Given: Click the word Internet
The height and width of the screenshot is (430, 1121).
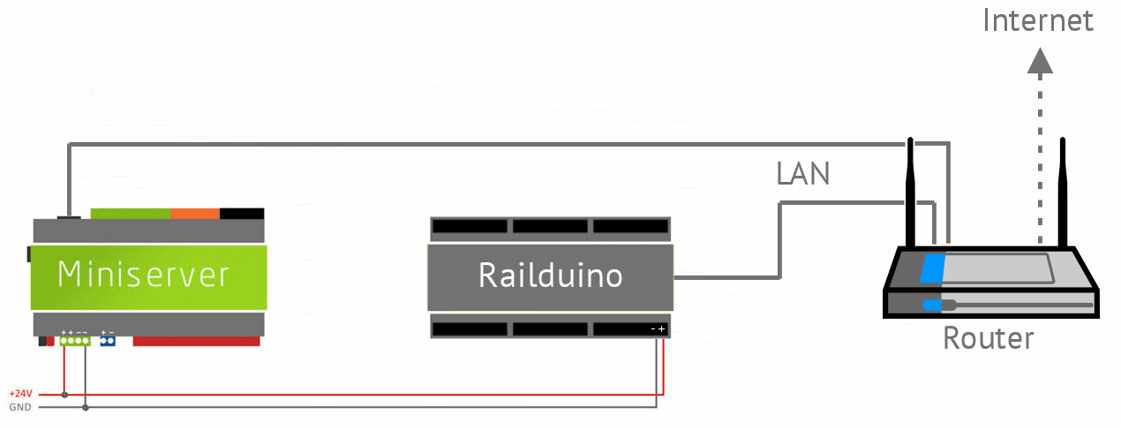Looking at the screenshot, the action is pyautogui.click(x=1038, y=20).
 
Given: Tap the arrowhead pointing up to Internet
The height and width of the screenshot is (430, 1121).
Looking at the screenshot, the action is pyautogui.click(x=1040, y=61).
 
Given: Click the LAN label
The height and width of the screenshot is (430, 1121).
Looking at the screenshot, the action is pyautogui.click(x=802, y=174).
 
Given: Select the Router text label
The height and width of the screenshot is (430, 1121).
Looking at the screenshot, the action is pyautogui.click(x=989, y=338).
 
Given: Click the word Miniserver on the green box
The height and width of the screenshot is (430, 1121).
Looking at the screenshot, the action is pyautogui.click(x=144, y=275).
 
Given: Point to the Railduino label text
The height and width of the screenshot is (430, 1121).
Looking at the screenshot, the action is pyautogui.click(x=551, y=275).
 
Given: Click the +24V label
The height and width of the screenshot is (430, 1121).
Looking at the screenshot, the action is pyautogui.click(x=20, y=394).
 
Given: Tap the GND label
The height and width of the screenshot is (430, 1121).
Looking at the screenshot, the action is pyautogui.click(x=20, y=407).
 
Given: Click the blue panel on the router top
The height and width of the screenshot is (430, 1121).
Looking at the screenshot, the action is pyautogui.click(x=932, y=268).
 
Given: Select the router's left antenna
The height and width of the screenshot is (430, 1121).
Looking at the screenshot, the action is pyautogui.click(x=911, y=192).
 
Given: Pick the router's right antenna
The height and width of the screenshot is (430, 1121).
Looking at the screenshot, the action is pyautogui.click(x=1063, y=192).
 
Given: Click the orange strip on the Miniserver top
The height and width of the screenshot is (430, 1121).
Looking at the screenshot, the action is pyautogui.click(x=195, y=214).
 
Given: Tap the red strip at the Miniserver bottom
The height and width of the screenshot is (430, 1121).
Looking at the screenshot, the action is pyautogui.click(x=196, y=342).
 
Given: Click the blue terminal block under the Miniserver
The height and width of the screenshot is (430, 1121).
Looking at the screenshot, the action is pyautogui.click(x=108, y=342).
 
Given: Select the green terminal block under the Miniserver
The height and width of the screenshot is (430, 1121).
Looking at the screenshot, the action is pyautogui.click(x=75, y=342).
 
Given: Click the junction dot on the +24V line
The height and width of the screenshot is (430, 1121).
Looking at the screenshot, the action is pyautogui.click(x=64, y=395).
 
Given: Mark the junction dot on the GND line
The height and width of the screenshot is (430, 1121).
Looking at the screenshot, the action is pyautogui.click(x=86, y=407).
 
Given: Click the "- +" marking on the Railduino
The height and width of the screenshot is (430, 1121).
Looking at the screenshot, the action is pyautogui.click(x=658, y=328).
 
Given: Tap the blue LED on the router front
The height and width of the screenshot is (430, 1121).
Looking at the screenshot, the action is pyautogui.click(x=932, y=305).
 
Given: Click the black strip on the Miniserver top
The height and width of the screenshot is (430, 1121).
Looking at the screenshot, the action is pyautogui.click(x=242, y=214).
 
